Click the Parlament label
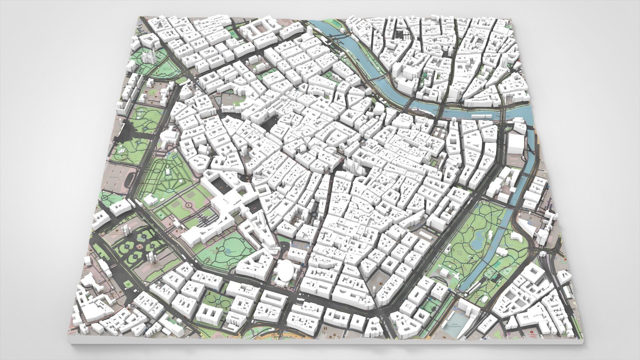pyautogui.click(x=115, y=177)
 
